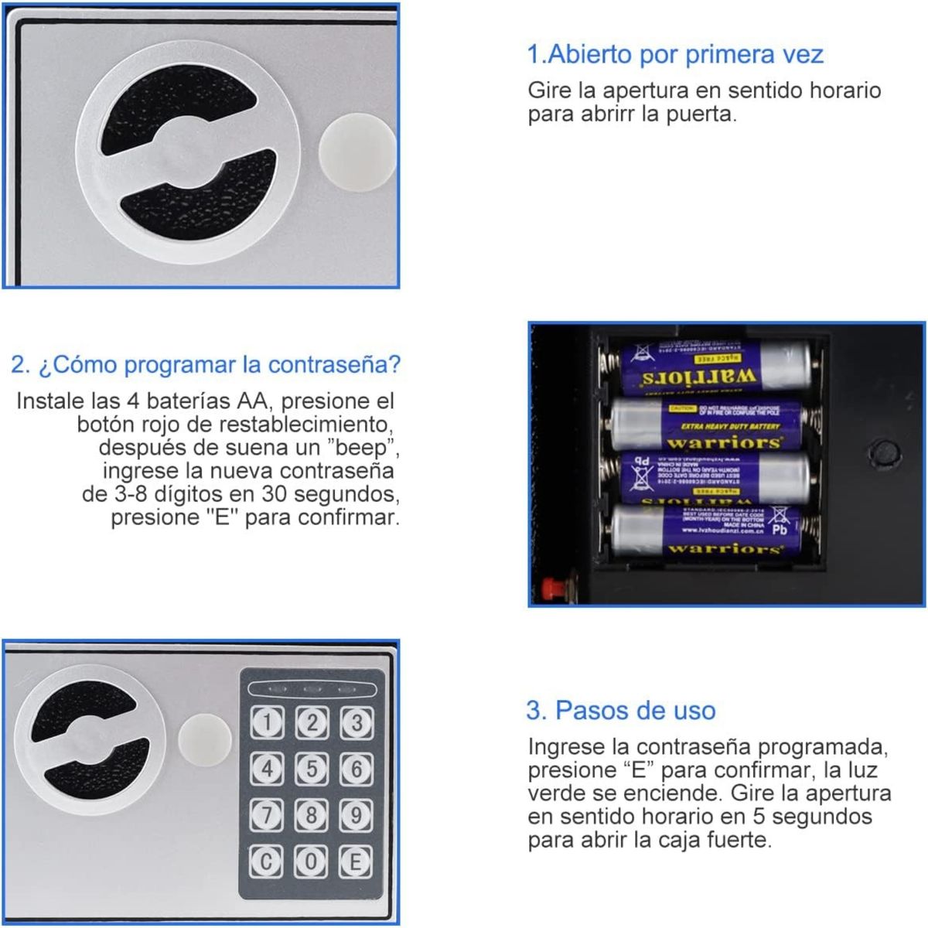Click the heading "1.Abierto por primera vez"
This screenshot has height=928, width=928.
(x=674, y=55)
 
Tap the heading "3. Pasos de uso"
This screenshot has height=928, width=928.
(x=620, y=710)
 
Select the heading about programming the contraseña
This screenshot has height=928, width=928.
(x=206, y=364)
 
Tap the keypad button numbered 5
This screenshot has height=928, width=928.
(x=312, y=769)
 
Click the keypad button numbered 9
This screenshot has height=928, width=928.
(x=357, y=814)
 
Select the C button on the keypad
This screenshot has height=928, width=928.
(x=267, y=861)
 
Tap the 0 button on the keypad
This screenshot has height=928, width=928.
(x=312, y=861)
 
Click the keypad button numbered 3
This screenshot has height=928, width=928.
(x=357, y=723)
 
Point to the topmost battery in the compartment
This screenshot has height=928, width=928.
(x=715, y=367)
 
